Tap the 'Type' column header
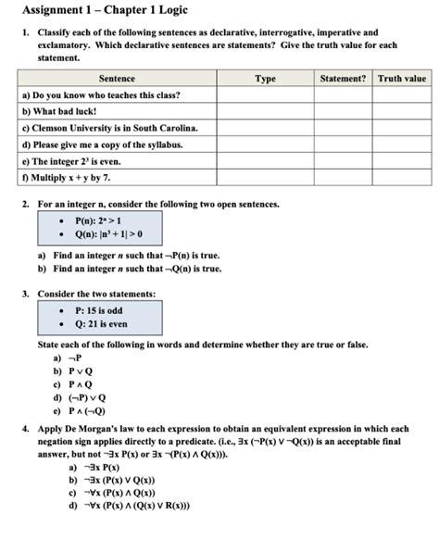point(265,79)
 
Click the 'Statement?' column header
point(343,79)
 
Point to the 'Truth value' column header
point(401,79)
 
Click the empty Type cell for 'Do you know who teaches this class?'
point(265,95)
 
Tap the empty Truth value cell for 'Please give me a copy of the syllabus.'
point(401,144)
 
